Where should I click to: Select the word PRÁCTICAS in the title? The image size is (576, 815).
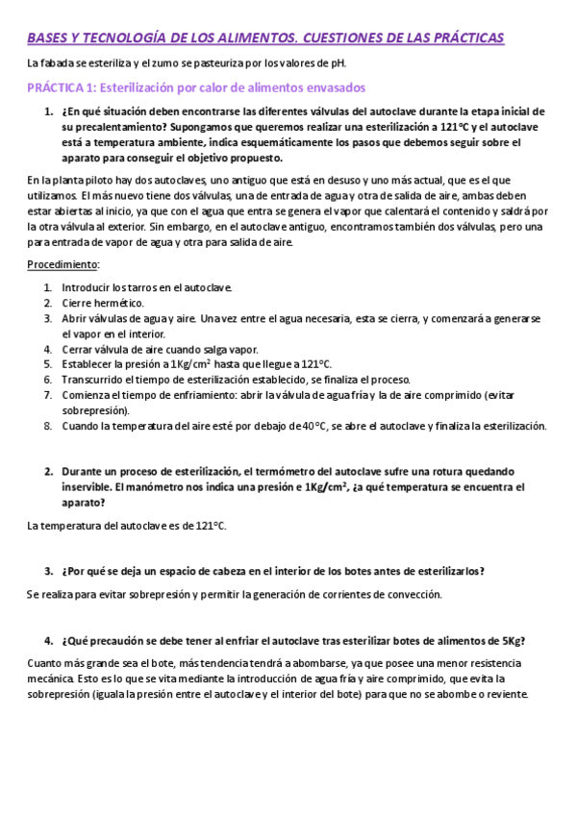pos(457,37)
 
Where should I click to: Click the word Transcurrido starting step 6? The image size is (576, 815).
pos(97,380)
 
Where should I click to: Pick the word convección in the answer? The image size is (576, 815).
pos(413,595)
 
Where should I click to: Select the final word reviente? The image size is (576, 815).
pos(502,695)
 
